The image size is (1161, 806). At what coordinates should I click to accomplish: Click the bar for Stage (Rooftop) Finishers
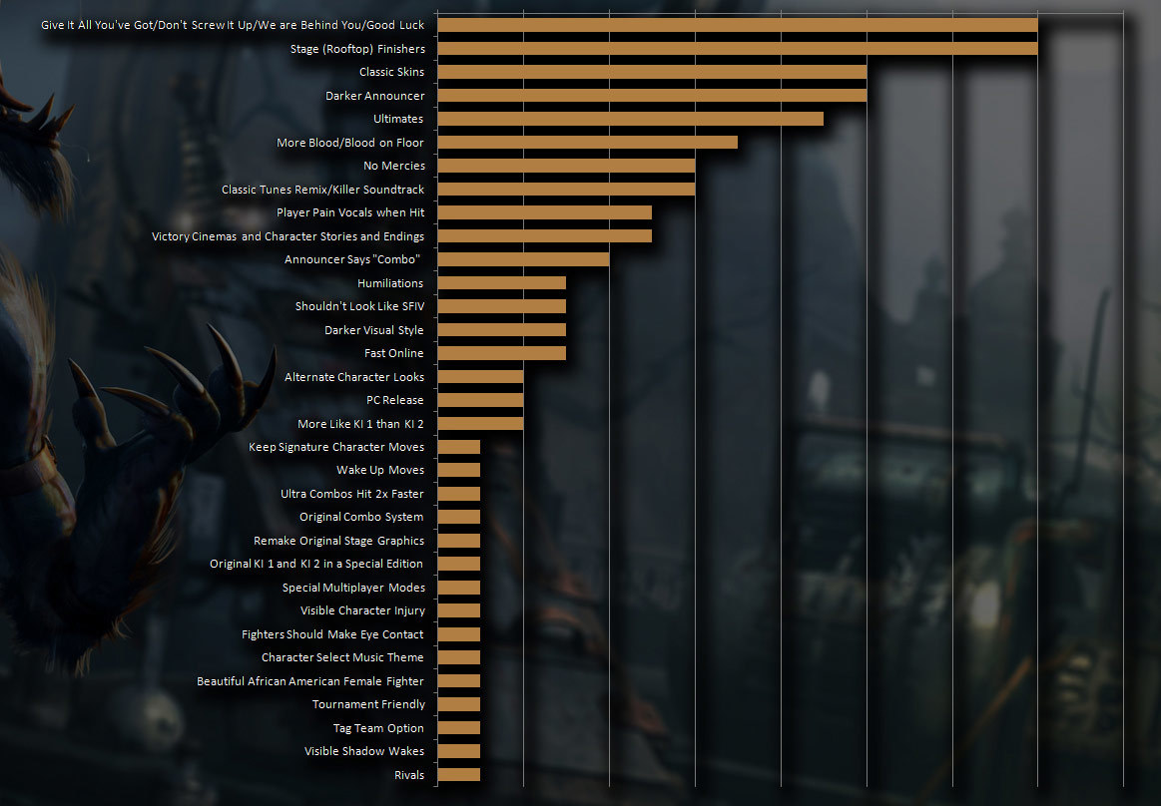[738, 48]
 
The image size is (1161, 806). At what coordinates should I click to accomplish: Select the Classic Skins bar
[652, 72]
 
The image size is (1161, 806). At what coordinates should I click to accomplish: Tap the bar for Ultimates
[631, 119]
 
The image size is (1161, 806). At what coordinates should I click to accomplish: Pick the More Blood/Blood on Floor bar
[588, 143]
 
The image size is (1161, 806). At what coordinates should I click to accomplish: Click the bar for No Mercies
[566, 166]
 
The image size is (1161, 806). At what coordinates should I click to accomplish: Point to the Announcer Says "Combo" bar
[523, 259]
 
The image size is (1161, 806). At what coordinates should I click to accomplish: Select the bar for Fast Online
[502, 353]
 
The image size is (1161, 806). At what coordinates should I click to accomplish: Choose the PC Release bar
[480, 400]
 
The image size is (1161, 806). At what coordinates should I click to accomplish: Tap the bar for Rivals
[459, 775]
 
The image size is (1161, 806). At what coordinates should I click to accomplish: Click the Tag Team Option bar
[459, 728]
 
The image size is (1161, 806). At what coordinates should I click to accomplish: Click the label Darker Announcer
[374, 96]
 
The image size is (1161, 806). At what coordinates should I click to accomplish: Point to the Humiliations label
[390, 283]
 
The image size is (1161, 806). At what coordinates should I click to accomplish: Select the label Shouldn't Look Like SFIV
[359, 306]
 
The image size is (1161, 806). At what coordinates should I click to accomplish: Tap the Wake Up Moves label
[380, 470]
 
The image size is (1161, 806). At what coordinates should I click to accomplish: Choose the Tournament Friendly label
[368, 704]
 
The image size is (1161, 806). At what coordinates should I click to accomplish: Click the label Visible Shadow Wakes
[364, 751]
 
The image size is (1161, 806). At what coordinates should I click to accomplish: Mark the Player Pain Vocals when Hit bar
[545, 212]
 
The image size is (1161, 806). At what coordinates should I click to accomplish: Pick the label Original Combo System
[361, 517]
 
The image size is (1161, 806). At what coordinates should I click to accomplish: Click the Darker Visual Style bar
[502, 330]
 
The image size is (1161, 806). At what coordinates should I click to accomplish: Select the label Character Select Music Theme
[342, 657]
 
